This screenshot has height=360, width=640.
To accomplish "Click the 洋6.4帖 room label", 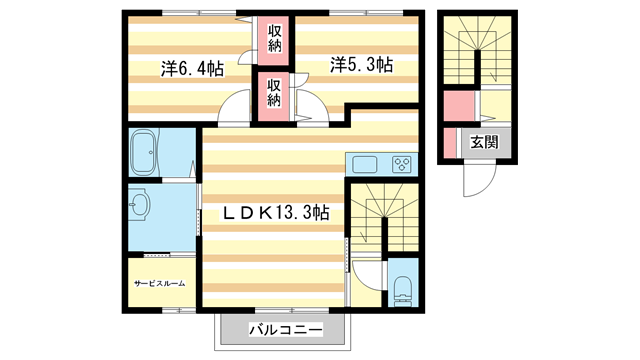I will [x=191, y=68].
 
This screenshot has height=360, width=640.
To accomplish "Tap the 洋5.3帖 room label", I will [x=362, y=65].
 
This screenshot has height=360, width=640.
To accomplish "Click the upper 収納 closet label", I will [x=274, y=39].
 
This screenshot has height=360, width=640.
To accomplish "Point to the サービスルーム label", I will [x=160, y=284].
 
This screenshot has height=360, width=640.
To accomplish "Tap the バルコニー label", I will [x=285, y=329].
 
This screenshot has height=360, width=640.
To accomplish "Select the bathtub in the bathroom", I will [x=147, y=152].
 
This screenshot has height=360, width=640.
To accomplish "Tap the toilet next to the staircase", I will [x=404, y=290].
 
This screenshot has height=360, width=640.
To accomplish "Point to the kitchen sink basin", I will [x=362, y=165].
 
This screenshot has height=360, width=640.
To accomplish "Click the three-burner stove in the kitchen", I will [x=401, y=165].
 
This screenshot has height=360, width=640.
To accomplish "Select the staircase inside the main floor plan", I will [x=380, y=215].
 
